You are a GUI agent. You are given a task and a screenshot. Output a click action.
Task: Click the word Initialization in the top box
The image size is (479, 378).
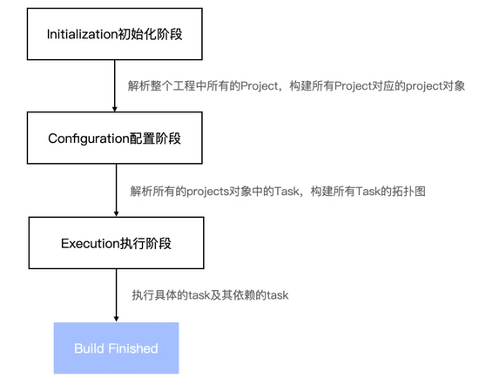[82, 34]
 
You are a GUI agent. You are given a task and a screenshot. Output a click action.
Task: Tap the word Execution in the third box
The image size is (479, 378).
[91, 244]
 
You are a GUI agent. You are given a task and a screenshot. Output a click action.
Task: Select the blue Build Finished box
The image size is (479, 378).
[116, 348]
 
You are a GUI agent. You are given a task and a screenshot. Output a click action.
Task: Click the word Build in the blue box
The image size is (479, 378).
[89, 348]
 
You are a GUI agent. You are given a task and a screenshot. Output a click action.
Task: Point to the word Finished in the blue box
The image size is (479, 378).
[133, 348]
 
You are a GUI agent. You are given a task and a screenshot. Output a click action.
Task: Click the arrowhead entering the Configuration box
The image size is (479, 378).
[115, 109]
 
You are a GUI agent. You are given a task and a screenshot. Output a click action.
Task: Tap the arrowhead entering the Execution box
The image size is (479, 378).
[116, 214]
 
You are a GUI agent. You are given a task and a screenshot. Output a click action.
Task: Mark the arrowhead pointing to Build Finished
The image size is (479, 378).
[116, 319]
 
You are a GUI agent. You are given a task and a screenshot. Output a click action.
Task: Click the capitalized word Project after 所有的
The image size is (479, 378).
[259, 86]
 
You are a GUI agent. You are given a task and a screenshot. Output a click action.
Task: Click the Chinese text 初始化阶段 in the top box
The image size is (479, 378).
[150, 34]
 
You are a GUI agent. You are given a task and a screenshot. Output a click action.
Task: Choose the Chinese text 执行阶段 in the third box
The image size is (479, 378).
[145, 244]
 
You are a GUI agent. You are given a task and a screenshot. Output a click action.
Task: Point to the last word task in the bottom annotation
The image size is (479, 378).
[278, 295]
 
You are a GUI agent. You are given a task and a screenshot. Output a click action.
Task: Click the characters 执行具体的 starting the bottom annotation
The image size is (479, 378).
[159, 295]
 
